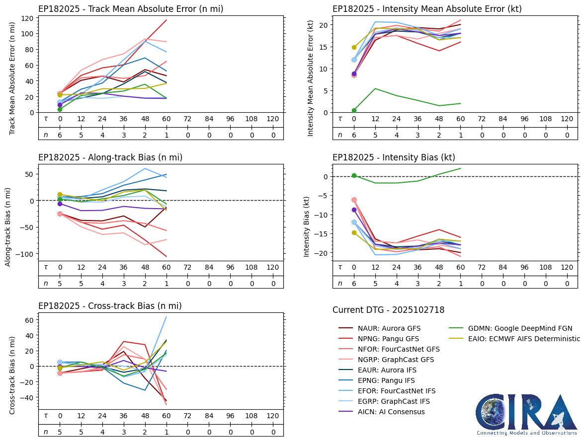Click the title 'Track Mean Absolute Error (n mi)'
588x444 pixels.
pyautogui.click(x=131, y=9)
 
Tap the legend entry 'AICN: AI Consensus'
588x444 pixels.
pyautogui.click(x=391, y=412)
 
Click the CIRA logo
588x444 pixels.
pyautogui.click(x=526, y=415)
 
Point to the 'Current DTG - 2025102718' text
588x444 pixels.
pyautogui.click(x=388, y=310)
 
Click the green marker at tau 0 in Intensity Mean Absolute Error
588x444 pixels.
pyautogui.click(x=354, y=110)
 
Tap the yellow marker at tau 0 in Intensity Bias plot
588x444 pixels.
pyautogui.click(x=354, y=232)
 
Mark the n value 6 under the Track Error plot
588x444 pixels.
pyautogui.click(x=60, y=135)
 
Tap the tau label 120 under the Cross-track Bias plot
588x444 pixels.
pyautogui.click(x=272, y=416)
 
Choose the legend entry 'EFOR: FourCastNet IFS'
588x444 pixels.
pyautogui.click(x=397, y=391)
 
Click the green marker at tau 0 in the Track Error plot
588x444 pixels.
pyautogui.click(x=60, y=109)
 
